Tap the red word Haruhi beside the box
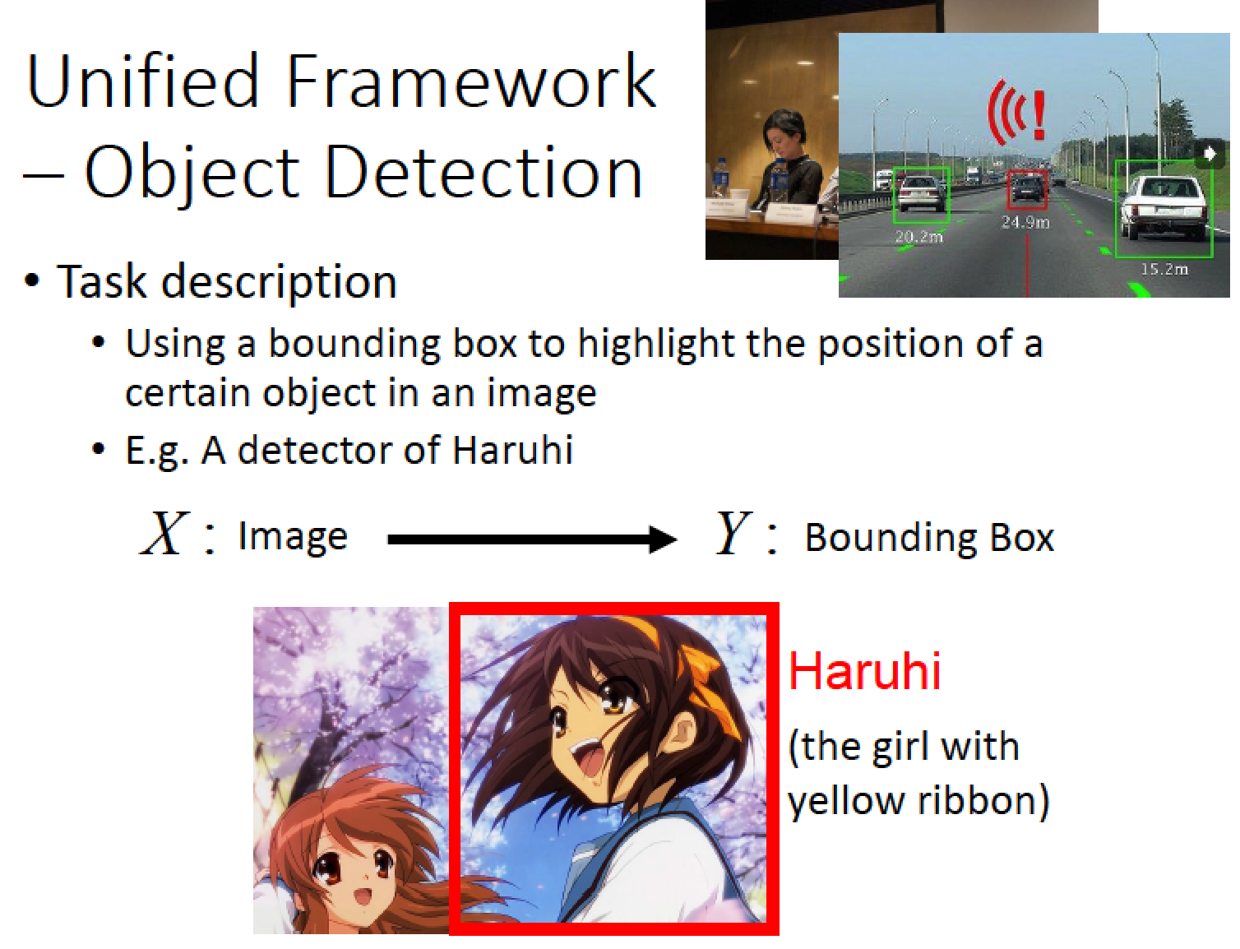[864, 671]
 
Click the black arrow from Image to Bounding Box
[531, 539]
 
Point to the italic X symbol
[163, 533]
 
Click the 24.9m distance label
[1025, 223]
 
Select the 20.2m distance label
[918, 237]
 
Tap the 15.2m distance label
[1164, 270]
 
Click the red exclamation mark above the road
[1039, 116]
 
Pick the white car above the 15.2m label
[1164, 208]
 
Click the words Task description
[226, 282]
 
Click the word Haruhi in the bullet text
[512, 450]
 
